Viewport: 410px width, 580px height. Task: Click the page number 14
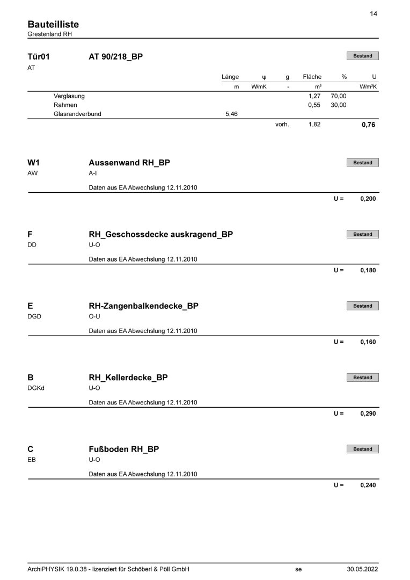tap(374, 14)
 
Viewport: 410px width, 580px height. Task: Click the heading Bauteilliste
tap(53, 25)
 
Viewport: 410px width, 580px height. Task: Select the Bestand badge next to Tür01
tap(362, 56)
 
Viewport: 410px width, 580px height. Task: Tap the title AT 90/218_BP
tap(115, 56)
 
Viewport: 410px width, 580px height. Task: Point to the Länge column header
tap(230, 77)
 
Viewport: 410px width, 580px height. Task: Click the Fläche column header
tap(312, 77)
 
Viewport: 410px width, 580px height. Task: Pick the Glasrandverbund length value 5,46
tap(232, 114)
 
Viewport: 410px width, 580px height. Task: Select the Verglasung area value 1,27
tap(314, 96)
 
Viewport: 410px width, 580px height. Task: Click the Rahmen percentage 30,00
tap(339, 105)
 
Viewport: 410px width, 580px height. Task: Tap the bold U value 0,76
tap(369, 125)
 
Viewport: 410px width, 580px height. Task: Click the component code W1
tap(33, 163)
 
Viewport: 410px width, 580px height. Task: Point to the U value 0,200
tap(368, 199)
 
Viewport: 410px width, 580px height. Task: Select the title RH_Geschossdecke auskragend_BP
tap(160, 234)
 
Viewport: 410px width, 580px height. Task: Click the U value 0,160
tap(368, 342)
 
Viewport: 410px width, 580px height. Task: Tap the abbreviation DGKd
tap(35, 388)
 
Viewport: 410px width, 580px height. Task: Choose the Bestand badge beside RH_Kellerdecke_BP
tap(362, 378)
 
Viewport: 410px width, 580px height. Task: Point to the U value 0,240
tap(368, 485)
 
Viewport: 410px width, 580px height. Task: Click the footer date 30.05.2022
tap(362, 569)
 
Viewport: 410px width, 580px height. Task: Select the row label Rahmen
tap(65, 105)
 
